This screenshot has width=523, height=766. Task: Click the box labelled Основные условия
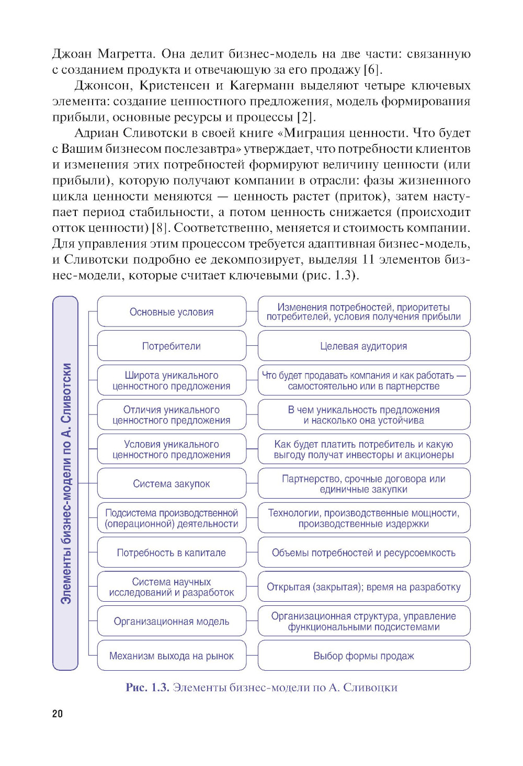tap(172, 312)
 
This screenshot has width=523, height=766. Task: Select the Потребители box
tap(172, 346)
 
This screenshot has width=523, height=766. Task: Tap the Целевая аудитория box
tap(363, 346)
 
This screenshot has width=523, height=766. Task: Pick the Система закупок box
tap(172, 483)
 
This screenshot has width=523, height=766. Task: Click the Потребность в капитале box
tap(172, 553)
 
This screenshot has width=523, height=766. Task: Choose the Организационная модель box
tap(172, 621)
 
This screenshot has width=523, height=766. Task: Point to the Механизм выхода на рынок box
tap(172, 656)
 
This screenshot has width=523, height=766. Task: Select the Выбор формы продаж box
tap(363, 656)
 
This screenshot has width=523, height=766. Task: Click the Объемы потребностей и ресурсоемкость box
tap(363, 553)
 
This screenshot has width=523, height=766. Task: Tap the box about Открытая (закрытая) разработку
tap(363, 587)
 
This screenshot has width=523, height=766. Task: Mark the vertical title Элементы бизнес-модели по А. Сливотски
tap(65, 483)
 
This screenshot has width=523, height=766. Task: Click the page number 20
tap(58, 714)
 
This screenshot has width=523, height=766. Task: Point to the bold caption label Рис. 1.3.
tap(147, 688)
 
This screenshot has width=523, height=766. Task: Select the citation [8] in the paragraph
tap(160, 228)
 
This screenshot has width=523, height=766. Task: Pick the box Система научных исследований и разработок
tap(172, 587)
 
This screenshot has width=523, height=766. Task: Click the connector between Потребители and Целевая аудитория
tap(252, 346)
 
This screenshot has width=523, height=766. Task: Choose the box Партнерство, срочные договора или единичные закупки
tap(363, 483)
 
